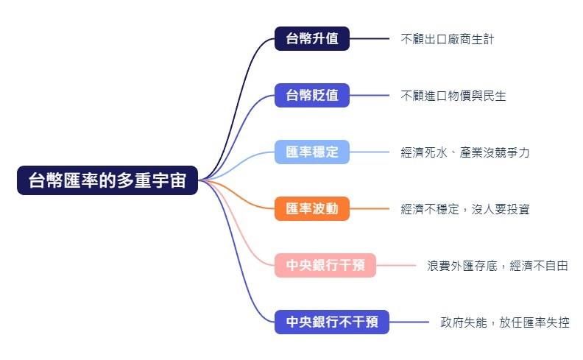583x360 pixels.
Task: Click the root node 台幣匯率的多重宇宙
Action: pos(107,180)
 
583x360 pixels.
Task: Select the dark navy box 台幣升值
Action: pos(312,39)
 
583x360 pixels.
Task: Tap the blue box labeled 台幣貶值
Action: pos(312,95)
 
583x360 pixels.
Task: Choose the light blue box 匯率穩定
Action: pos(312,152)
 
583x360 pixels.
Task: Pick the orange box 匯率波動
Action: pos(312,208)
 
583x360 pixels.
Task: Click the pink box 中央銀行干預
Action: pos(325,265)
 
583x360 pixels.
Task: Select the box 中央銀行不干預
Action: pos(332,322)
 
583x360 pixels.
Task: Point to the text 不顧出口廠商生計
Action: pos(448,39)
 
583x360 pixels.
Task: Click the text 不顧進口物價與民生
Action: pos(453,96)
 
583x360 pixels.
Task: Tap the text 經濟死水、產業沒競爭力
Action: pos(464,152)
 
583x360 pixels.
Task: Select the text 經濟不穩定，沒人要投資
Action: pos(464,209)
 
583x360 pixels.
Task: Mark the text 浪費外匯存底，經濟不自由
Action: pos(498,266)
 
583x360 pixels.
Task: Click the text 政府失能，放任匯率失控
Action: pos(504,322)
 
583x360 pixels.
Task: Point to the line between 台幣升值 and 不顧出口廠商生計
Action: pos(370,39)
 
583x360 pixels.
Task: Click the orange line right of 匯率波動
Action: pos(370,208)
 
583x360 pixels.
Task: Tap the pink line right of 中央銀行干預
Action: pos(396,265)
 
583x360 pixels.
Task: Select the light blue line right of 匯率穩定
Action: pos(370,152)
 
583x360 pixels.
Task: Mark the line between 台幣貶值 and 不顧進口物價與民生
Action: pos(370,95)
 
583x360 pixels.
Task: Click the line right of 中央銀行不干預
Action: pos(409,322)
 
